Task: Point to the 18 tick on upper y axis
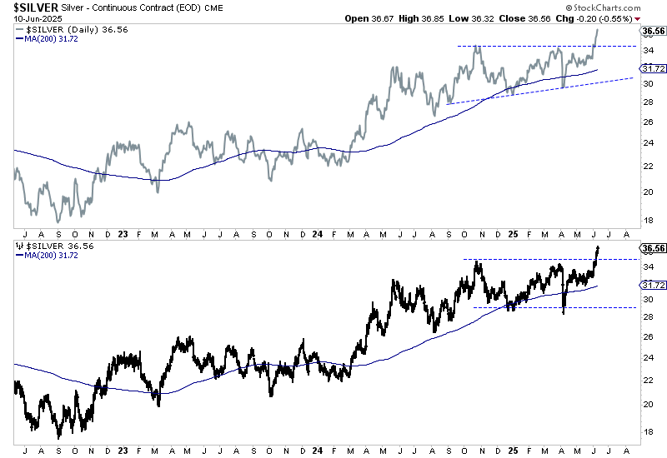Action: click(647, 220)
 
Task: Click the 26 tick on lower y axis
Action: click(647, 336)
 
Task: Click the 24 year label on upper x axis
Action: click(318, 235)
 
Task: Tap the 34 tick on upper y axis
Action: click(647, 50)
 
